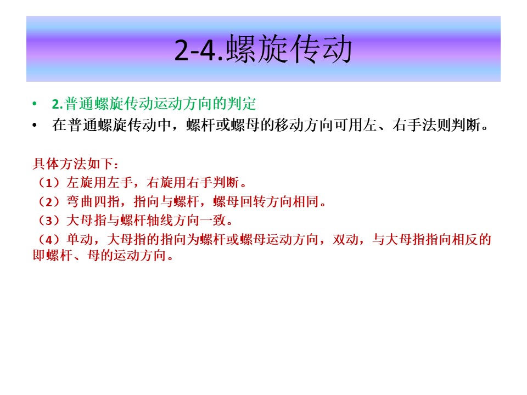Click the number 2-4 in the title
tap(195, 50)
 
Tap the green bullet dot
tap(34, 104)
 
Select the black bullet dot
tap(34, 126)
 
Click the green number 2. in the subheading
tap(58, 104)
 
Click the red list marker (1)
tap(49, 183)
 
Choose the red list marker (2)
tap(49, 202)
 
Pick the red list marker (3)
tap(49, 221)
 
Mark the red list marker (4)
tap(49, 240)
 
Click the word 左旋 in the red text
tap(80, 183)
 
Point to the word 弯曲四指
tap(93, 202)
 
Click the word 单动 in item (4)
tap(80, 240)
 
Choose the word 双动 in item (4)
tap(345, 240)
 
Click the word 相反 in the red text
tap(465, 240)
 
